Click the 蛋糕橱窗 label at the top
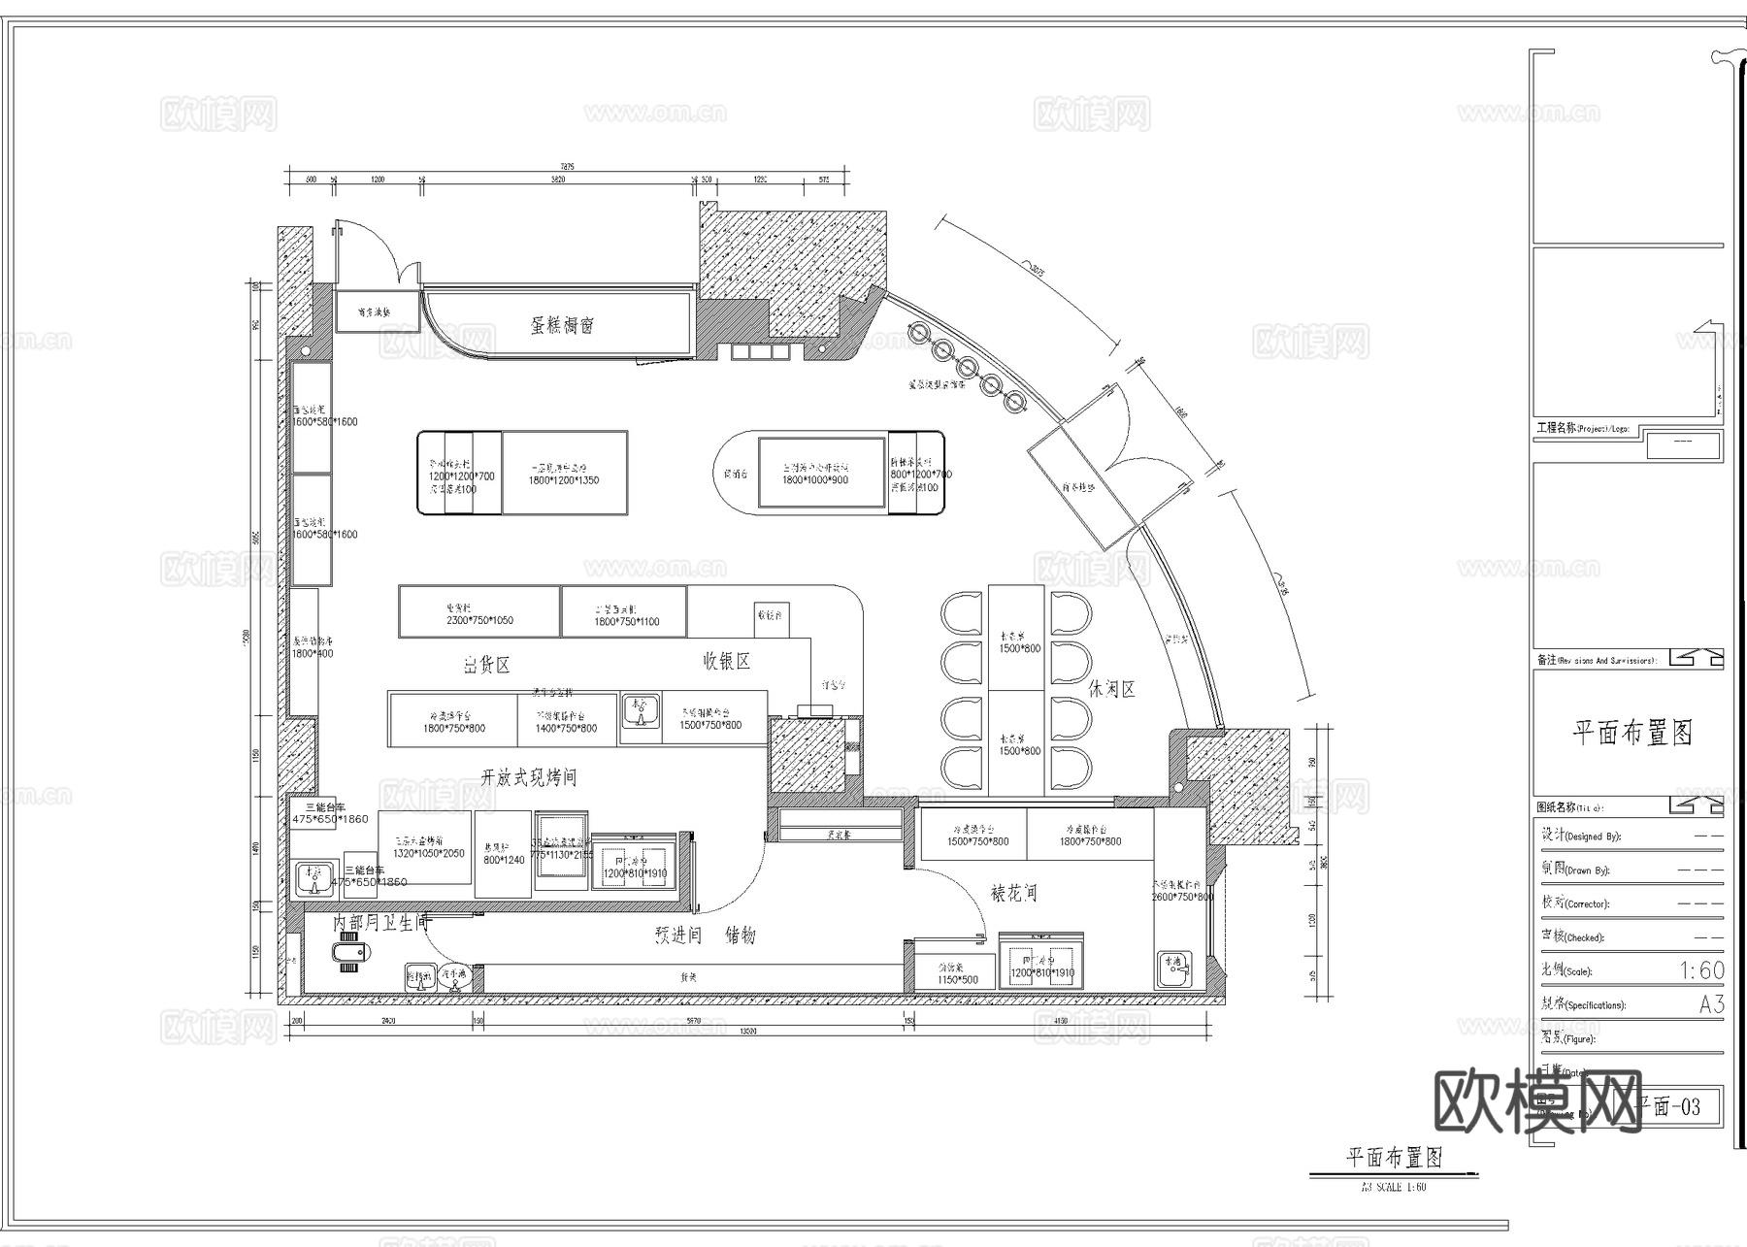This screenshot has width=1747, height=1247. pyautogui.click(x=562, y=325)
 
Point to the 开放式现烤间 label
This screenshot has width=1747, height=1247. pyautogui.click(x=528, y=777)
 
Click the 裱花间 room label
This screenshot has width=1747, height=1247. pyautogui.click(x=1013, y=893)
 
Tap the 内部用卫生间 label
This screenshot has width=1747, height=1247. pyautogui.click(x=380, y=923)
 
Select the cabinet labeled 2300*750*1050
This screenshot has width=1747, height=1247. pyautogui.click(x=479, y=612)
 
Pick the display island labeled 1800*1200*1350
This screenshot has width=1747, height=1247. pyautogui.click(x=564, y=473)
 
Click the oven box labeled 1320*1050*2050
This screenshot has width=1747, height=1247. pyautogui.click(x=429, y=847)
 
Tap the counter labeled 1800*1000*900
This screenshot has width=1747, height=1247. pyautogui.click(x=815, y=473)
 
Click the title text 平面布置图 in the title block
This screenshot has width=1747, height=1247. pyautogui.click(x=1632, y=732)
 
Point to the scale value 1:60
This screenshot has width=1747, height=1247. pyautogui.click(x=1701, y=969)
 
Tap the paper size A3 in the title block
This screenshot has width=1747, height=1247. pyautogui.click(x=1711, y=1004)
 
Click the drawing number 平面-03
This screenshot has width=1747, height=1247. pyautogui.click(x=1668, y=1106)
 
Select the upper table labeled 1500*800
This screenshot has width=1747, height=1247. pyautogui.click(x=1018, y=640)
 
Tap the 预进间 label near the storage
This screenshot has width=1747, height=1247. pyautogui.click(x=677, y=935)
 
